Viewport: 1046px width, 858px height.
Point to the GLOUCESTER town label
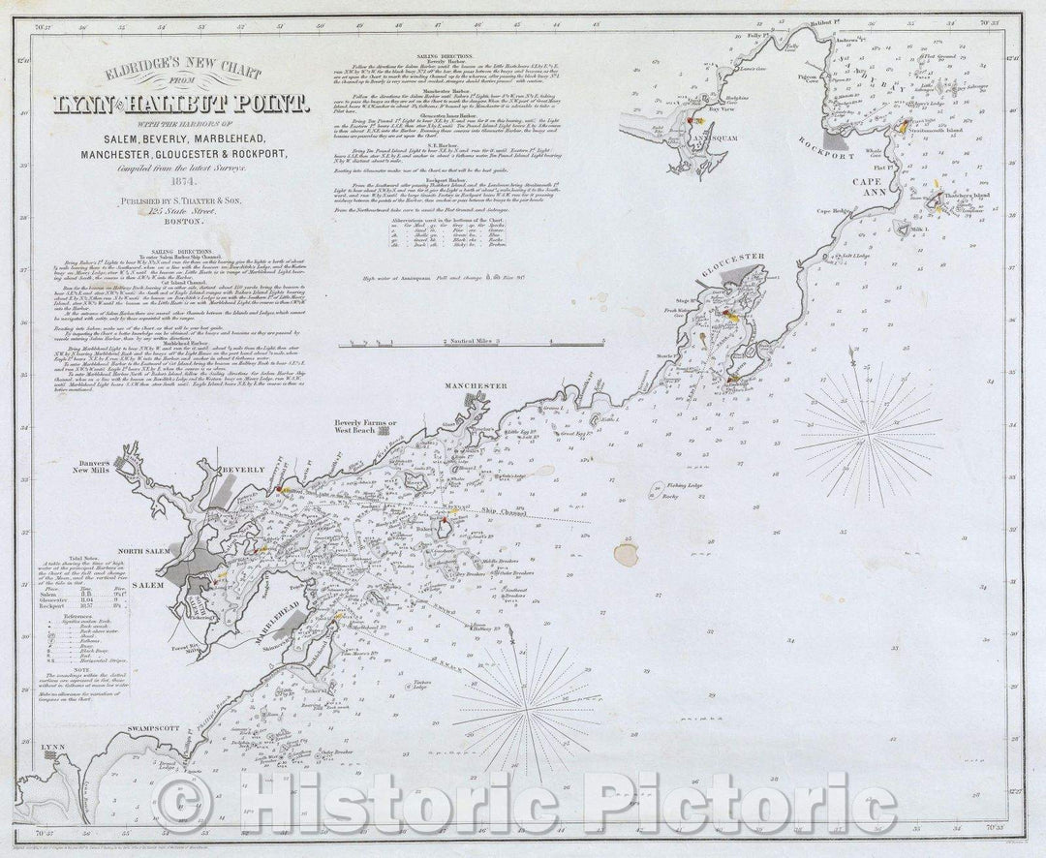(732, 257)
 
